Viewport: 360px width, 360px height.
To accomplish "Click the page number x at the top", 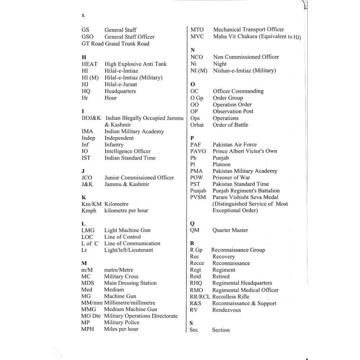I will coord(83,15).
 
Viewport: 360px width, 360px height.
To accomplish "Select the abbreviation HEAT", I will coord(89,64).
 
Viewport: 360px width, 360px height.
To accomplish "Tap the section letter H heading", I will coord(84,57).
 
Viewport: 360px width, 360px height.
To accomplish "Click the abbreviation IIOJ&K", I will coord(91,118).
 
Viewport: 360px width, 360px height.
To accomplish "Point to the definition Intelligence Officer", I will coord(127,151).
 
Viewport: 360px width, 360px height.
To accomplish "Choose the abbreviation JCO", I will coord(87,177).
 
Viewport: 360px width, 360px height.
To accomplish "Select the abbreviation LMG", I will coord(88,230).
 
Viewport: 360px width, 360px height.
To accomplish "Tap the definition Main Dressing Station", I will coord(130,283).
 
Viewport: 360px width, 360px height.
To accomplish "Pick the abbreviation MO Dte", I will coord(91,316).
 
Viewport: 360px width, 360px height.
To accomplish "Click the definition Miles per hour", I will coord(121,329).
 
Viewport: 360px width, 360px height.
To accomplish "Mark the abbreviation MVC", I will coord(197,37).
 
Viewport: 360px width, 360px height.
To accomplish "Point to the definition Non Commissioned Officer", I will coord(246,57).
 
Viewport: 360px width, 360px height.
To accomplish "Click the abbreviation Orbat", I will coord(197,125).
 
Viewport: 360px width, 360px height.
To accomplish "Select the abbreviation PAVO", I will coord(198,151).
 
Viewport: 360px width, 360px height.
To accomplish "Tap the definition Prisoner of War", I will coord(231,177).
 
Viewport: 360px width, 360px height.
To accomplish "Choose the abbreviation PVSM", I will coord(198,197).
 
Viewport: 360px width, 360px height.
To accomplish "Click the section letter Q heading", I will coord(192,224).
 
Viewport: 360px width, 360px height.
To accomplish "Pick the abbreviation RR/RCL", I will coord(200,297).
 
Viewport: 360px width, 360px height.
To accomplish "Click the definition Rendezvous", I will coord(226,310).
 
